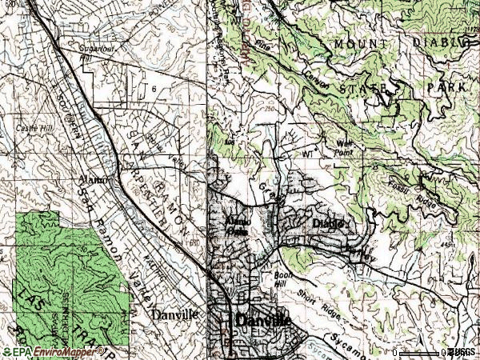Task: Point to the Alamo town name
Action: pyautogui.click(x=92, y=180)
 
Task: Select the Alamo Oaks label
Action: pyautogui.click(x=237, y=223)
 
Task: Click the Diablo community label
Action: pyautogui.click(x=327, y=224)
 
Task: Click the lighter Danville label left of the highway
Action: pyautogui.click(x=174, y=315)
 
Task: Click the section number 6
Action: pyautogui.click(x=152, y=89)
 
